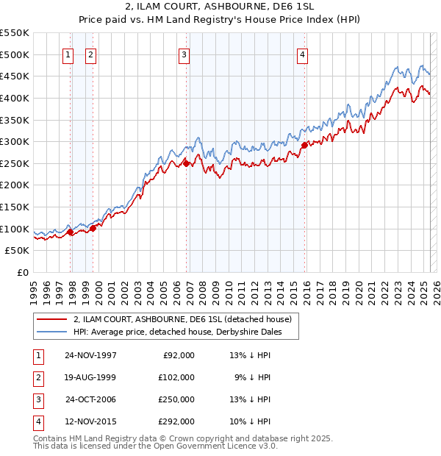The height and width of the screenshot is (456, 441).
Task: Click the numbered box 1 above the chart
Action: point(68,54)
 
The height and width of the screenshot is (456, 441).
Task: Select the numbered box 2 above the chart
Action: point(90,54)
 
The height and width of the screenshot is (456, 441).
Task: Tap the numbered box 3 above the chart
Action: point(184,54)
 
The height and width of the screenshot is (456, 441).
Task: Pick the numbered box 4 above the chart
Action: point(303,54)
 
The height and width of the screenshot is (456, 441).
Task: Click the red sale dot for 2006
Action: point(187,163)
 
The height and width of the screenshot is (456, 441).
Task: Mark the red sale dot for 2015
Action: point(304,146)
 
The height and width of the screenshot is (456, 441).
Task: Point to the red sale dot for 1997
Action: point(71,232)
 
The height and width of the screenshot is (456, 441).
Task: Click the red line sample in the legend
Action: point(52,319)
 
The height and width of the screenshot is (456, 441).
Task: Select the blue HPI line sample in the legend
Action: point(52,332)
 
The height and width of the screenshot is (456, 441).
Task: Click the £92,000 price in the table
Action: point(179,355)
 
